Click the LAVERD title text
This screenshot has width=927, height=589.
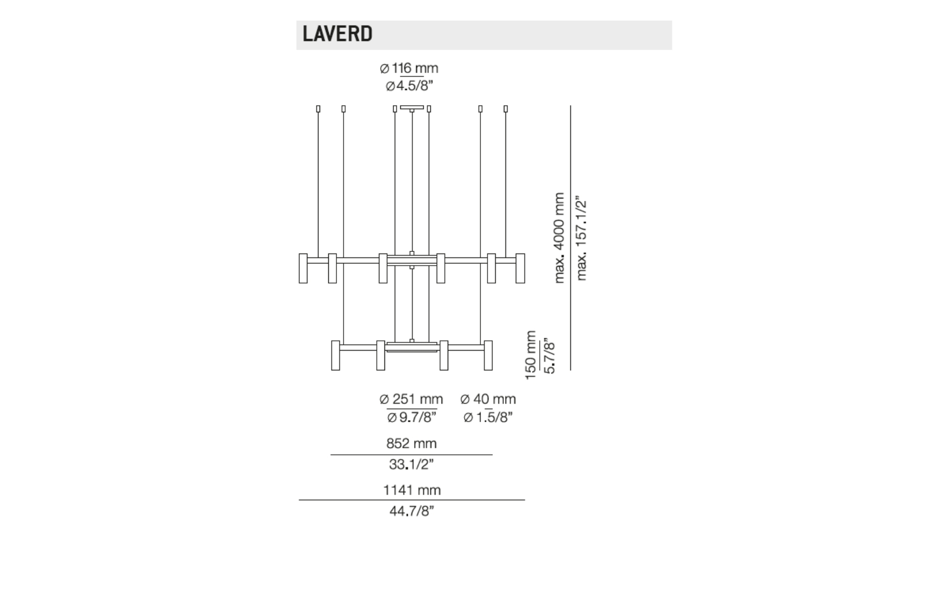(x=338, y=33)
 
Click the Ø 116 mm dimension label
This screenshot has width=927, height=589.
(x=409, y=68)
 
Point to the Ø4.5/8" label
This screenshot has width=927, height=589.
(x=410, y=86)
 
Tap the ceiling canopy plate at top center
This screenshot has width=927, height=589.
(x=412, y=107)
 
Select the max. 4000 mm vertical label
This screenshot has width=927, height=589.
(x=559, y=238)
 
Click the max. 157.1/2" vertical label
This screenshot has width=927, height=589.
(x=581, y=238)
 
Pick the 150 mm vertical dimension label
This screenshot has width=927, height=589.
(x=530, y=355)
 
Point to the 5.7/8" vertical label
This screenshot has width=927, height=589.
(x=549, y=357)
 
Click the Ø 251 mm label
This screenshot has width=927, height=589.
(x=411, y=399)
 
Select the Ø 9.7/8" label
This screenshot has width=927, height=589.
(x=412, y=417)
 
